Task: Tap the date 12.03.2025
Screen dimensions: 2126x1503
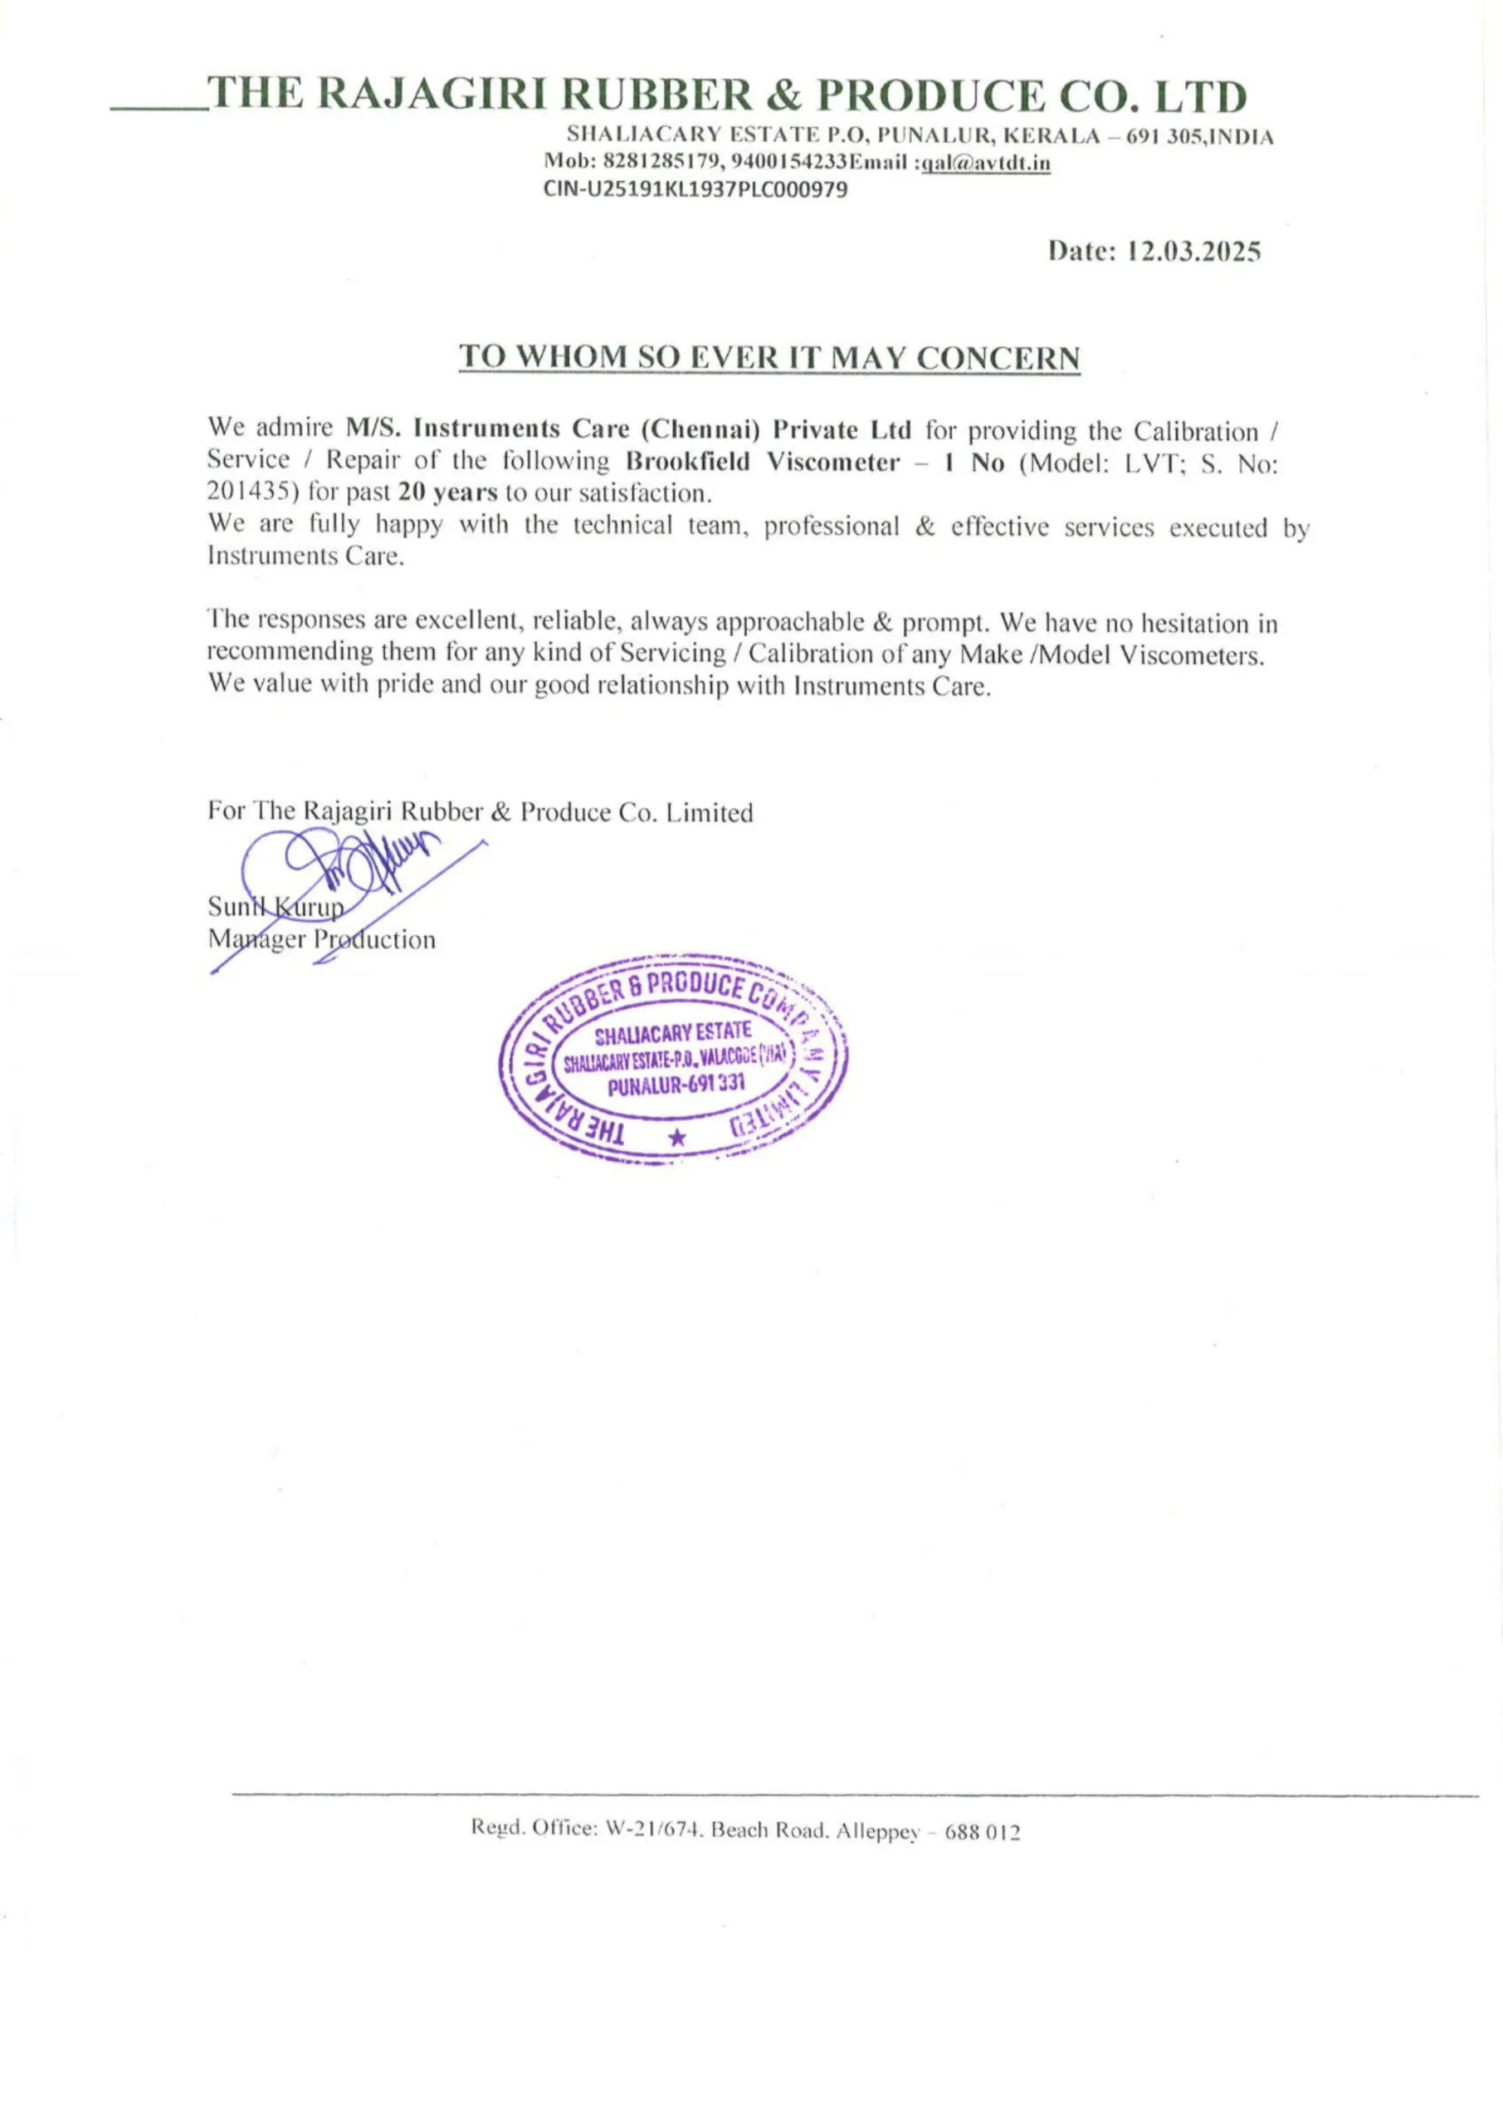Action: pos(1192,251)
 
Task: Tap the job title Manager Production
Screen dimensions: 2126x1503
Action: pos(321,940)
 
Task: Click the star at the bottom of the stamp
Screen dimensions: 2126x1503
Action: pos(677,1138)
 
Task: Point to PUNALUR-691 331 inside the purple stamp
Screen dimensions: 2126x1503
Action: pos(675,1085)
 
